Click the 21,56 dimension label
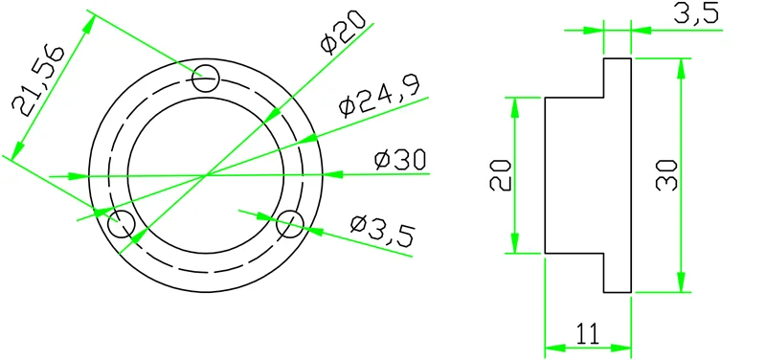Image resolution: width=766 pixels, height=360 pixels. (x=37, y=81)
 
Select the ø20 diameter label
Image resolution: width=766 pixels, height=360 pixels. (x=343, y=33)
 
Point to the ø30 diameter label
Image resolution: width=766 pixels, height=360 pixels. (x=400, y=160)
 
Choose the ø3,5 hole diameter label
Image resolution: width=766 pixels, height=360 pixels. (x=382, y=231)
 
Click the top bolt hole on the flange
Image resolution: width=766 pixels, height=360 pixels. (x=205, y=79)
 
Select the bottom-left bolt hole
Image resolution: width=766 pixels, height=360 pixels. (x=122, y=223)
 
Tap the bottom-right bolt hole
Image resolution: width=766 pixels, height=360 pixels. (x=290, y=223)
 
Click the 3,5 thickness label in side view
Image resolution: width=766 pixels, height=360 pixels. (x=696, y=13)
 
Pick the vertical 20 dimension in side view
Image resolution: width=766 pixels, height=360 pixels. (x=501, y=175)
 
